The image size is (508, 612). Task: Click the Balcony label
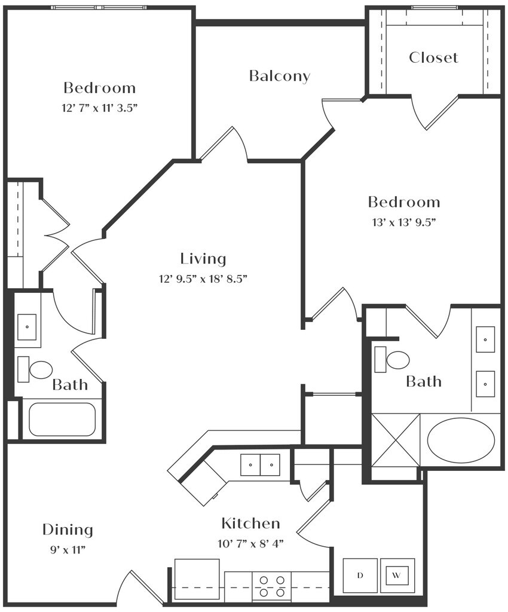279,76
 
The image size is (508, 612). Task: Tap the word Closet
433,57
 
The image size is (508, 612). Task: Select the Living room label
203,259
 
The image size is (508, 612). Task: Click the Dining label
68,530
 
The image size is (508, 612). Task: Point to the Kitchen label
250,524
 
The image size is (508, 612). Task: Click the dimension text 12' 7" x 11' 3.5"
100,108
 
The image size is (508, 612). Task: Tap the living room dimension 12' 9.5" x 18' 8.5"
203,278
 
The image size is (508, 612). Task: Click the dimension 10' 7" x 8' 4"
250,543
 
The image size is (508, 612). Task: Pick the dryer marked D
360,576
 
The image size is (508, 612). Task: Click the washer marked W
397,576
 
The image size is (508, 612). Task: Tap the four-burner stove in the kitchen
271,586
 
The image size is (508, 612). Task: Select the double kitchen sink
260,464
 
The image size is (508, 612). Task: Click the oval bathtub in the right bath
461,440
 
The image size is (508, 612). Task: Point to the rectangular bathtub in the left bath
62,419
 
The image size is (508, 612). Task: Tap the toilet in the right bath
395,360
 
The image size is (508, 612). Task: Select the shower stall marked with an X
395,439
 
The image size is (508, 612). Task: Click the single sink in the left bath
27,327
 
